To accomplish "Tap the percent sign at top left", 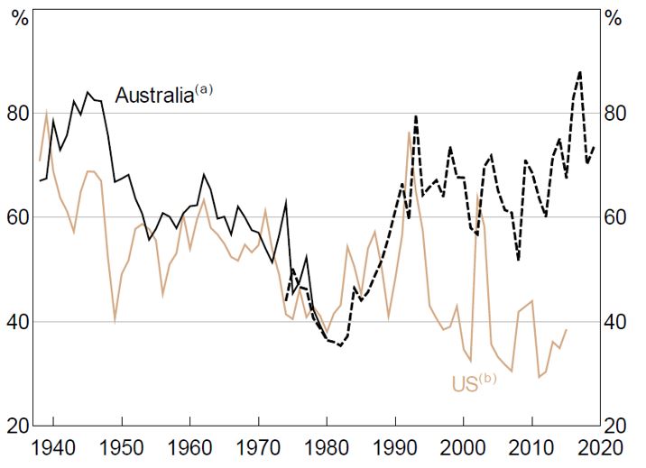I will [x=18, y=17].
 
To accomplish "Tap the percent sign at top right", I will [x=614, y=17].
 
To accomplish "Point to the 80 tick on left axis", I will [x=19, y=114].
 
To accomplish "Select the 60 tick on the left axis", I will [x=19, y=217].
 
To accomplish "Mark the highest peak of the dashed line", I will [x=579, y=72].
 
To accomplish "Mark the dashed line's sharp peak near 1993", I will [x=415, y=115].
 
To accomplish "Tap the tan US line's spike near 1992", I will [x=409, y=133].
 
